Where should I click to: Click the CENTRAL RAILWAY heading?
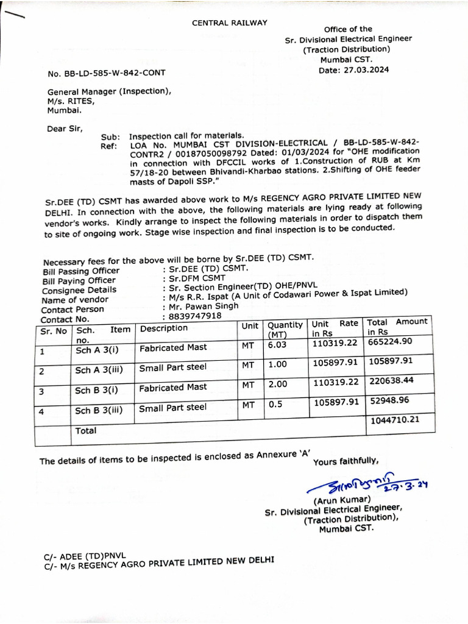[x=230, y=23]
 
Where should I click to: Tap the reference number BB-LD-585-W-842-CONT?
[x=106, y=73]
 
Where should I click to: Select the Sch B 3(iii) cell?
[x=99, y=410]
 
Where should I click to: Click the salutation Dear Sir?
[x=65, y=129]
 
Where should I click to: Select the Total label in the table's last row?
[x=85, y=430]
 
